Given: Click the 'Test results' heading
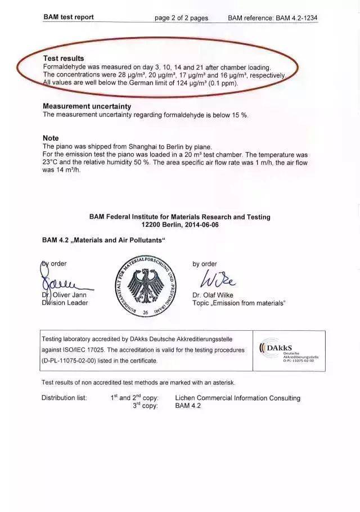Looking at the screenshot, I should (64, 59).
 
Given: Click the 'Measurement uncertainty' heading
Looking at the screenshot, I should (87, 106).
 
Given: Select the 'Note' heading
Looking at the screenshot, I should (51, 138).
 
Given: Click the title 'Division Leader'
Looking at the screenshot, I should (65, 303).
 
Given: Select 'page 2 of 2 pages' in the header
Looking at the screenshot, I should (181, 18).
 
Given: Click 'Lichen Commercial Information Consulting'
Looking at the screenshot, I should (237, 398).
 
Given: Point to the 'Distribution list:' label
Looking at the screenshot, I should (64, 398).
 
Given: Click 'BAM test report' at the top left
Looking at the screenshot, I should (69, 17).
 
